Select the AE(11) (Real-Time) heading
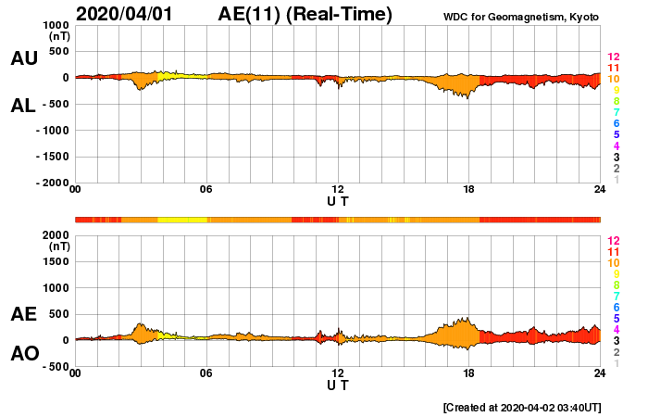[x=305, y=14]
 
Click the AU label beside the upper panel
[x=23, y=58]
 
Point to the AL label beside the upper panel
[x=23, y=106]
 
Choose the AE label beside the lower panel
[x=23, y=314]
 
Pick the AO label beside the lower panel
[x=23, y=354]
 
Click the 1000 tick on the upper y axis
[x=54, y=25]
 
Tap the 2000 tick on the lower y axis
[x=54, y=235]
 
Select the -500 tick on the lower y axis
[x=53, y=366]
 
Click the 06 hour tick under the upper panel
[x=206, y=190]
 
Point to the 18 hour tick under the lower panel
[x=469, y=373]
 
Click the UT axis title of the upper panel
[x=338, y=200]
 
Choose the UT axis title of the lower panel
[x=338, y=383]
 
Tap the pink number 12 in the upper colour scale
[x=613, y=57]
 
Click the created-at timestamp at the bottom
[x=522, y=407]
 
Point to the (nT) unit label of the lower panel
[x=58, y=246]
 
